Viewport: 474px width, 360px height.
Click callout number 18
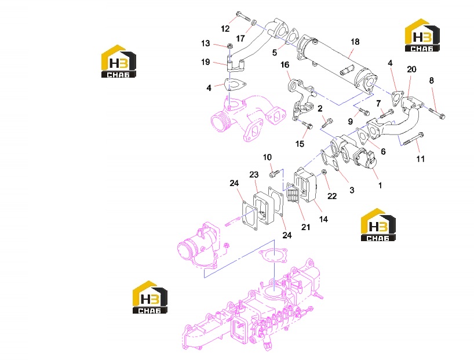[x=355, y=42]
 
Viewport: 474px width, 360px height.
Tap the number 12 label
[x=225, y=29]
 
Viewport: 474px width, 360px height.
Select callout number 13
[x=206, y=43]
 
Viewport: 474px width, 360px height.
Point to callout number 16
[x=285, y=65]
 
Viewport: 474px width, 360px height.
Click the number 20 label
[x=411, y=70]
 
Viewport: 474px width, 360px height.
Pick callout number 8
[x=431, y=81]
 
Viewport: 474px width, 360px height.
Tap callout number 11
[x=421, y=159]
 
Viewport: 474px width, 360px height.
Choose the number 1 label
[x=380, y=185]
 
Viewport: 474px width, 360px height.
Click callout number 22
[x=332, y=196]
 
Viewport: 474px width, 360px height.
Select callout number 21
[x=305, y=227]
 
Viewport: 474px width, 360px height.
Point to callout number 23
[x=254, y=174]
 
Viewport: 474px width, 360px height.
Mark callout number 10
[x=267, y=157]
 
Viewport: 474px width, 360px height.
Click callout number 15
[x=300, y=144]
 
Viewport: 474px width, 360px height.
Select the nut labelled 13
[x=229, y=46]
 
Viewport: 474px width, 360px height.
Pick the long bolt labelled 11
[x=413, y=140]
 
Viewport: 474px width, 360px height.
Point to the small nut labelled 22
[x=323, y=172]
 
